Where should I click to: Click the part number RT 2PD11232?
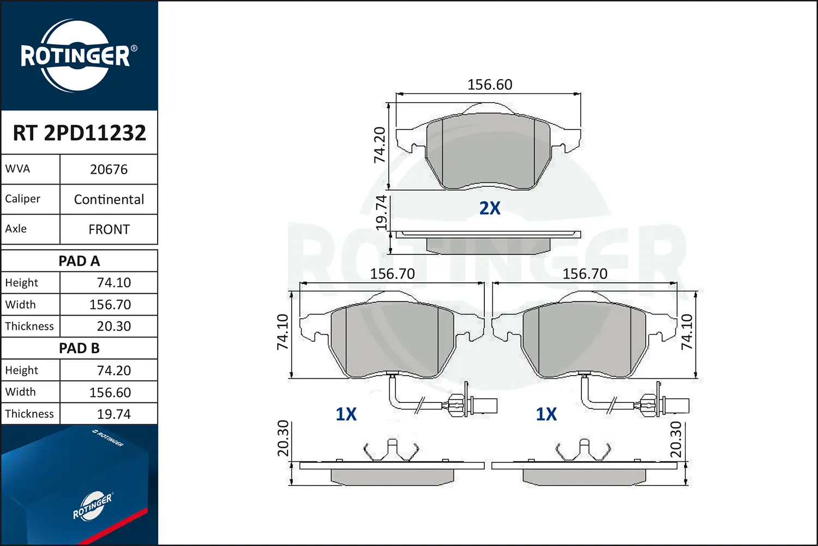[79, 133]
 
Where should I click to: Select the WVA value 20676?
[109, 170]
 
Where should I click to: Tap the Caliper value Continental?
[109, 200]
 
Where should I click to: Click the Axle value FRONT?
[109, 230]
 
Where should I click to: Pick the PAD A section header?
[79, 261]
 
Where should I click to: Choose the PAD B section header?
[79, 348]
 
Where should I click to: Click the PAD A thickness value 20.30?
[113, 327]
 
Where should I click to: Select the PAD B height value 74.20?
[113, 371]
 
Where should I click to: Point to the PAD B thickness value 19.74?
[113, 414]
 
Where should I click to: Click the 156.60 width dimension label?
[490, 85]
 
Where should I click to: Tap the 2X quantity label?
[490, 209]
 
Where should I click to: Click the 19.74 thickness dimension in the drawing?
[382, 213]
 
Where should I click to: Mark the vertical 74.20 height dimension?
[380, 145]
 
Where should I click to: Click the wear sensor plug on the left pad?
[480, 406]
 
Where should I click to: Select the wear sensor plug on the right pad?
[672, 406]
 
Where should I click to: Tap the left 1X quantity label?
[346, 414]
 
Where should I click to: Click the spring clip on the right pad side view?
[583, 450]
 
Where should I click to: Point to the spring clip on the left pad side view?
[391, 450]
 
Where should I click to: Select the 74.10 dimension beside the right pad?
[687, 332]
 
